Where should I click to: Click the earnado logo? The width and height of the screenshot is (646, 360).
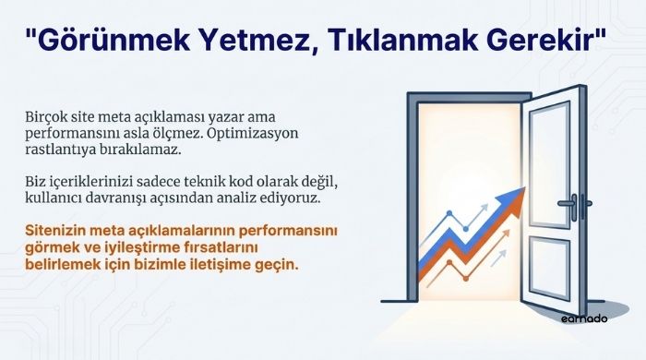583,318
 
